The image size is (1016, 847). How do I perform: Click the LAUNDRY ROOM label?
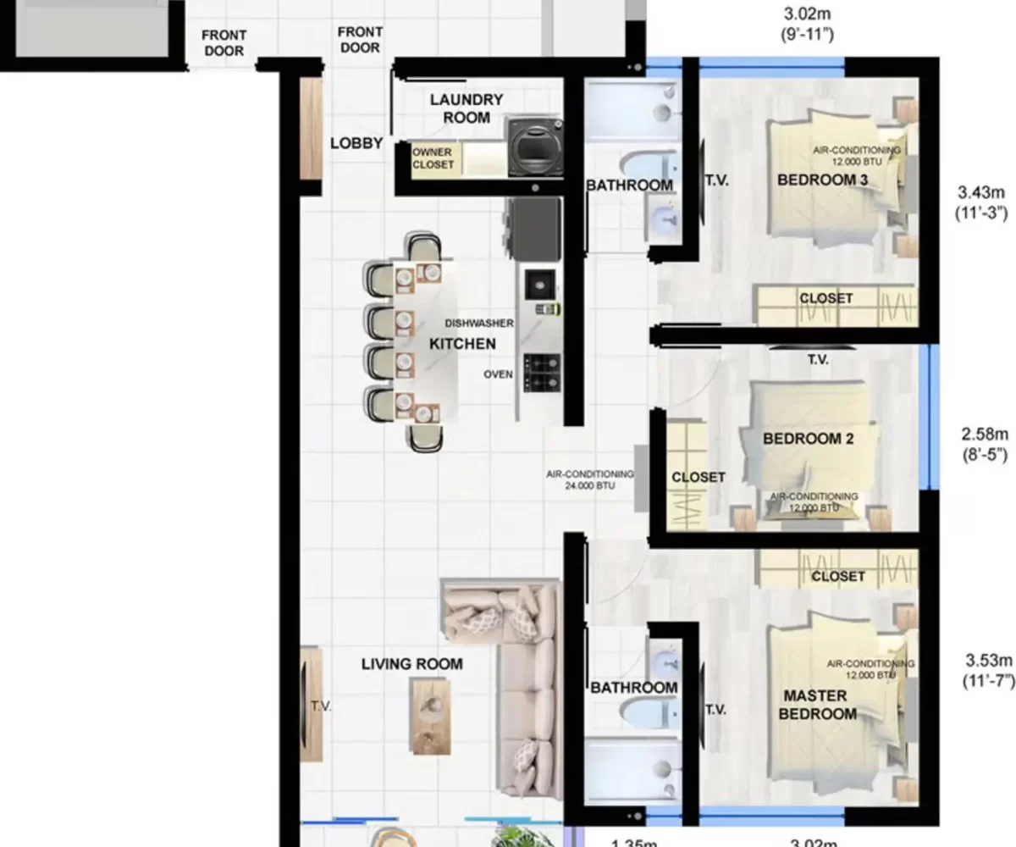[x=466, y=108]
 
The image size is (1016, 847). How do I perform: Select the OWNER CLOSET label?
[x=433, y=158]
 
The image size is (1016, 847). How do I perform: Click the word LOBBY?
[x=356, y=143]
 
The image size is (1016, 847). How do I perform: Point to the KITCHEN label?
[x=462, y=344]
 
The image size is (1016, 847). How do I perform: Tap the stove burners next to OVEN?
[x=542, y=373]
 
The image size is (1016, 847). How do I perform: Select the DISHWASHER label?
[x=480, y=323]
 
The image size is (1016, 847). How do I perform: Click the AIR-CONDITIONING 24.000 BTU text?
[x=590, y=480]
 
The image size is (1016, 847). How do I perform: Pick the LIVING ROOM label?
[x=411, y=664]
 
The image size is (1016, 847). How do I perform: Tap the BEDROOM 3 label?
[x=822, y=180]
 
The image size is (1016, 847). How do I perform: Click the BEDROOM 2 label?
[x=808, y=439]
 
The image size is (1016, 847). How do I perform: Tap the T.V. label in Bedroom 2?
[x=817, y=360]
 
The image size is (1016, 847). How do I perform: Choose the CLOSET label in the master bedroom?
[x=837, y=576]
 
